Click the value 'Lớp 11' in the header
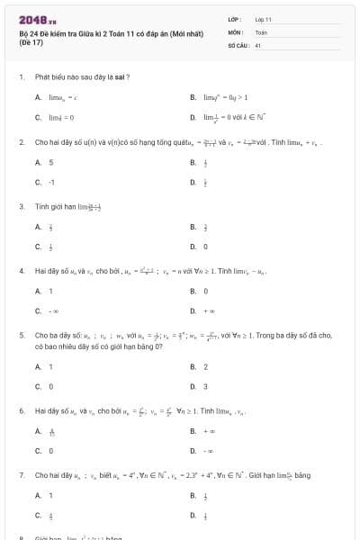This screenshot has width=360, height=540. (x=263, y=19)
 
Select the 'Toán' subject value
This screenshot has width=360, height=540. (x=261, y=31)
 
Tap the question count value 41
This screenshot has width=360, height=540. (x=257, y=44)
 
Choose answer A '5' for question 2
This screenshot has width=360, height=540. (x=51, y=163)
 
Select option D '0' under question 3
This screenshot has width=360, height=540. (x=205, y=246)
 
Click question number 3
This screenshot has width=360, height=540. (x=21, y=206)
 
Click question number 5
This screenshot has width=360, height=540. (x=21, y=335)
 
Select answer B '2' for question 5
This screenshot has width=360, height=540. (x=205, y=366)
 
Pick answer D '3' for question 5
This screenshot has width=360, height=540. (x=205, y=386)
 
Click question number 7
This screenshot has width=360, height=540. (x=21, y=474)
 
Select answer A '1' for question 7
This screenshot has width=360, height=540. (x=51, y=496)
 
